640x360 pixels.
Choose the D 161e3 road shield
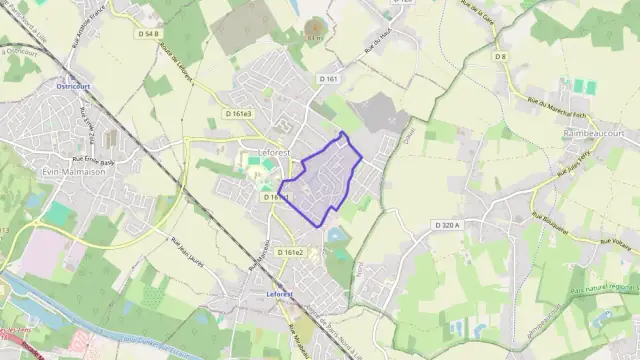239,114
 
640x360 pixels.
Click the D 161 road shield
330,78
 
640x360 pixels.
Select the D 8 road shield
501,57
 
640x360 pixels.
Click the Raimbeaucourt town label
594,131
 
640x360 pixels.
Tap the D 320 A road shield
448,226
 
